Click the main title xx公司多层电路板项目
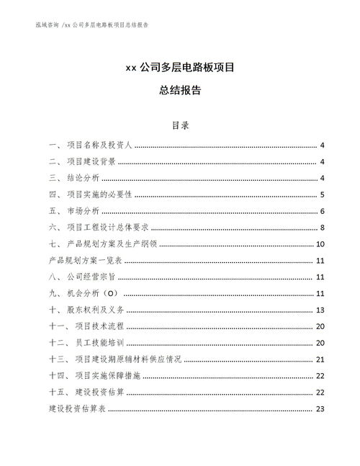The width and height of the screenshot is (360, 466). pyautogui.click(x=179, y=69)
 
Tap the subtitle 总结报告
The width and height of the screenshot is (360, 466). pyautogui.click(x=179, y=91)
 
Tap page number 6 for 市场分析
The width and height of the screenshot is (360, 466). pyautogui.click(x=323, y=211)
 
